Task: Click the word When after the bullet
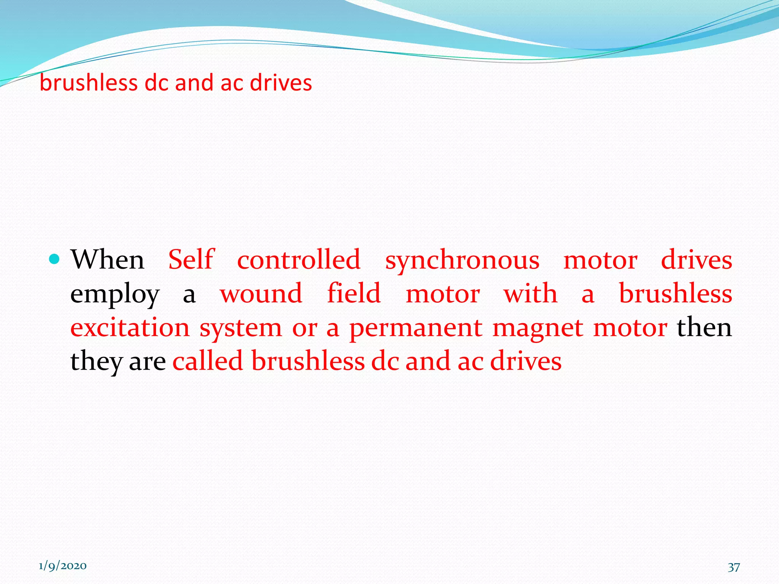click(108, 260)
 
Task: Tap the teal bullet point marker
click(55, 259)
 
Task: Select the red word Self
click(191, 260)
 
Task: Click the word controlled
click(299, 260)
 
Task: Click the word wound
click(261, 294)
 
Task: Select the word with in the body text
click(531, 294)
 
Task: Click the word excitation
click(130, 327)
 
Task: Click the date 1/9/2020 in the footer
click(62, 566)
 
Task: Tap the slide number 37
click(734, 567)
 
